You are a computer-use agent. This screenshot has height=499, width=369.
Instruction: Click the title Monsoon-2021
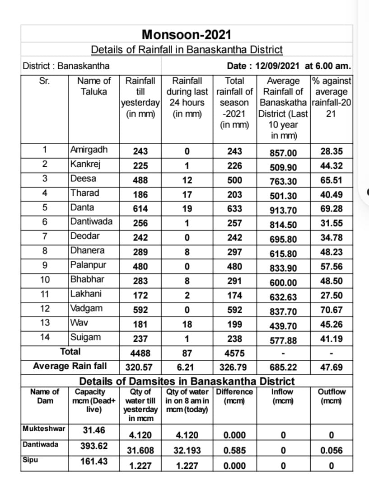pyautogui.click(x=187, y=34)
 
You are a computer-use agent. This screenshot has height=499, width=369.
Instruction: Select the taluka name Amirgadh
pyautogui.click(x=89, y=150)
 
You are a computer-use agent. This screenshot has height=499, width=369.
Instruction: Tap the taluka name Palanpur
pyautogui.click(x=89, y=265)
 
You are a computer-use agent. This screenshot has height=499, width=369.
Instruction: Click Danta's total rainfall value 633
pyautogui.click(x=235, y=209)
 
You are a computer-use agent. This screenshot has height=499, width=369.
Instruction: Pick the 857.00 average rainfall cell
pyautogui.click(x=283, y=153)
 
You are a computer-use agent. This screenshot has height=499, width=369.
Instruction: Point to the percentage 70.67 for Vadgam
pyautogui.click(x=331, y=310)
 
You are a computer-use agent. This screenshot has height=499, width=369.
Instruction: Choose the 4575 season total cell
pyautogui.click(x=235, y=353)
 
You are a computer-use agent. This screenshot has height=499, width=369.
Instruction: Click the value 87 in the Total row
pyautogui.click(x=187, y=353)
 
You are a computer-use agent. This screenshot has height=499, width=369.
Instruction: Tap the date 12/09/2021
pyautogui.click(x=277, y=66)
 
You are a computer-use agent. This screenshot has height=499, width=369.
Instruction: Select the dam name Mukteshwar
pyautogui.click(x=44, y=428)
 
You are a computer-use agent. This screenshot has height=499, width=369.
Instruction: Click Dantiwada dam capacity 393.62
pyautogui.click(x=94, y=446)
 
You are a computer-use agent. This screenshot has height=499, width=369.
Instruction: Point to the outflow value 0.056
pyautogui.click(x=331, y=450)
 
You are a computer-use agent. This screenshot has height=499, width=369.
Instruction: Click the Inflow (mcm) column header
pyautogui.click(x=282, y=396)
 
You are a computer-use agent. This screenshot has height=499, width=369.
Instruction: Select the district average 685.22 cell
pyautogui.click(x=283, y=367)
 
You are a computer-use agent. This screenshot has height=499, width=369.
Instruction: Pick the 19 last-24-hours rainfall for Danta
pyautogui.click(x=187, y=209)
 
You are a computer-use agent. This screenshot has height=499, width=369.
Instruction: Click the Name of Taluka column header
pyautogui.click(x=94, y=86)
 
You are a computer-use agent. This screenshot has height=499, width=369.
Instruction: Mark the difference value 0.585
pyautogui.click(x=235, y=450)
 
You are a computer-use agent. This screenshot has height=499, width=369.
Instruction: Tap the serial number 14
pyautogui.click(x=45, y=337)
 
